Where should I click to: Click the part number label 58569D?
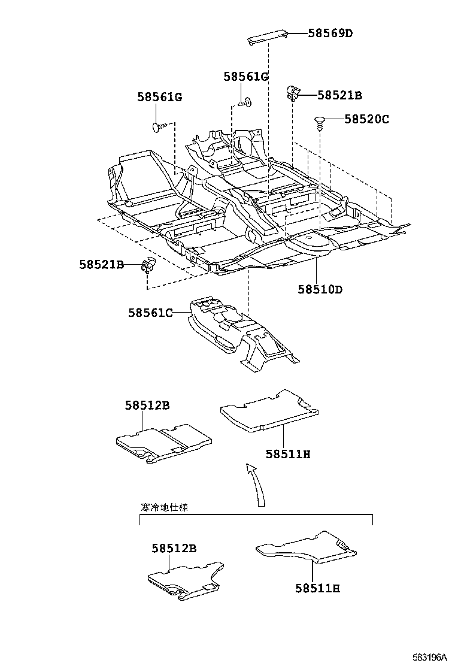click(x=330, y=34)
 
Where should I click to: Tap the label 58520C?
click(x=366, y=119)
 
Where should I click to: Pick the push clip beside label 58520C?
click(x=320, y=122)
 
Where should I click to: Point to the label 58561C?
click(x=150, y=312)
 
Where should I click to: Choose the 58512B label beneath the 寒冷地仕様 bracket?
click(x=174, y=547)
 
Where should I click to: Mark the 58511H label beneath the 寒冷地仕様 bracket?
click(x=317, y=588)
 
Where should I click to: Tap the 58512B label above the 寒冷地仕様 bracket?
click(x=147, y=405)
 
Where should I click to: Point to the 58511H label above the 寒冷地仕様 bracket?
click(x=288, y=453)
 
